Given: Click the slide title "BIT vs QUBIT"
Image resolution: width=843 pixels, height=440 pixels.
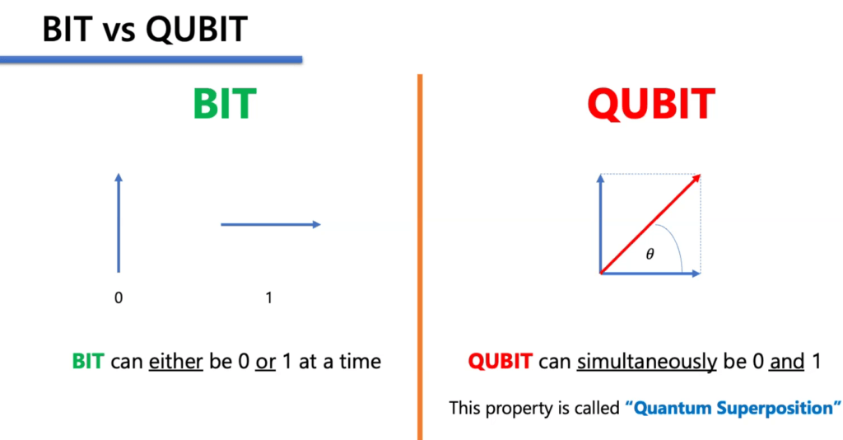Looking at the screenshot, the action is point(145,29).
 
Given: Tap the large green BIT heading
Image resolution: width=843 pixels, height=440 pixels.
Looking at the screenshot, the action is point(225,104).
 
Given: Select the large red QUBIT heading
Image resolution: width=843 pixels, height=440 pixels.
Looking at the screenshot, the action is point(650,104).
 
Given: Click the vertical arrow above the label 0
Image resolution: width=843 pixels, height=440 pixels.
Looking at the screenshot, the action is point(119,222).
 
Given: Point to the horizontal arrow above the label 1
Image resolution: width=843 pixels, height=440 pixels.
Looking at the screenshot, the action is point(270,224).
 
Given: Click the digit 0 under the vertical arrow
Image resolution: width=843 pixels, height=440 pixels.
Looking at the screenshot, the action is point(119,297).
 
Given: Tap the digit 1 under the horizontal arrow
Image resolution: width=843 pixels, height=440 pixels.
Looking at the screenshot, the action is point(269,297).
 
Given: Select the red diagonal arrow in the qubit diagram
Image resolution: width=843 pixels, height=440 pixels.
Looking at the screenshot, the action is point(650,224).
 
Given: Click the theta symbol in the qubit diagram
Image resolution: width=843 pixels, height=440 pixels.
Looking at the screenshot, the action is point(650,254).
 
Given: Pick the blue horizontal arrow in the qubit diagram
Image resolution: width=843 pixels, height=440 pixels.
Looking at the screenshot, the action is point(650,274).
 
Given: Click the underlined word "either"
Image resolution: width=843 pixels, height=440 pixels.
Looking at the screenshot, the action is point(176,362).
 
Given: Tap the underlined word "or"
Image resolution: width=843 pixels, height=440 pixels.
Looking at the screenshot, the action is point(266,362).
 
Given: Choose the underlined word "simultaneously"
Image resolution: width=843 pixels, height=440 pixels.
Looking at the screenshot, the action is point(647,362).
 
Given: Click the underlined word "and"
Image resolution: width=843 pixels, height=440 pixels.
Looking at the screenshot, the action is point(787,362).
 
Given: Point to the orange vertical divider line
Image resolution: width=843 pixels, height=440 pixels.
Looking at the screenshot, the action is point(420,257).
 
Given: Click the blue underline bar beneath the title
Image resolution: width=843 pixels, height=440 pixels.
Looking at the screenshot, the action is point(151,59).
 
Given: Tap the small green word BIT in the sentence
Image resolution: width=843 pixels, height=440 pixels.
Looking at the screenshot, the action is point(88,362).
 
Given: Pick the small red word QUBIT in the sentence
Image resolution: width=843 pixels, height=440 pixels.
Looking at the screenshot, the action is point(500,362).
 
